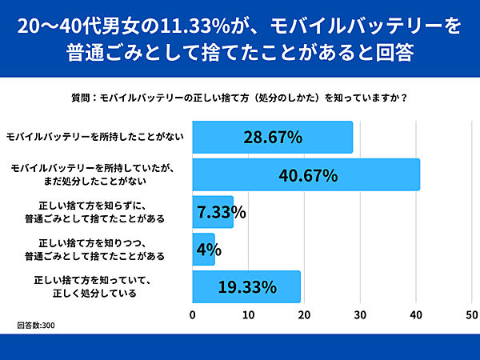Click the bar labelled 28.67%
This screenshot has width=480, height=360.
(x=272, y=137)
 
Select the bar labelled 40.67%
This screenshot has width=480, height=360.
(x=306, y=174)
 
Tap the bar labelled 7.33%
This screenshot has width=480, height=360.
(x=213, y=212)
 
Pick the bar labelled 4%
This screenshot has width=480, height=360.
(x=204, y=250)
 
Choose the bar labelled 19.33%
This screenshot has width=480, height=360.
(x=246, y=286)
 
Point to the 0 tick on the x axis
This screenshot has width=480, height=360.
(x=193, y=314)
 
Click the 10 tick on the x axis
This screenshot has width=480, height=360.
(x=249, y=314)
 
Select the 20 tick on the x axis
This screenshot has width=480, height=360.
(x=305, y=314)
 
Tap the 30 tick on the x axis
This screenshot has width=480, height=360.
(x=361, y=314)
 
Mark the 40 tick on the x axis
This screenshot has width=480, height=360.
(x=416, y=314)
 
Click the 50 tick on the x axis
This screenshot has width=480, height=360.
(x=472, y=314)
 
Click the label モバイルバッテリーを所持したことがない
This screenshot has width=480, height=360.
(x=95, y=137)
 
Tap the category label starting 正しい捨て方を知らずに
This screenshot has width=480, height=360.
(x=95, y=212)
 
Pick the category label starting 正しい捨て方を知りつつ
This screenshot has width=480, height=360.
(x=95, y=250)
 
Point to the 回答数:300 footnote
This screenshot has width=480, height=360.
(x=36, y=326)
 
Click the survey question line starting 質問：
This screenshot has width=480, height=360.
(x=240, y=99)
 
